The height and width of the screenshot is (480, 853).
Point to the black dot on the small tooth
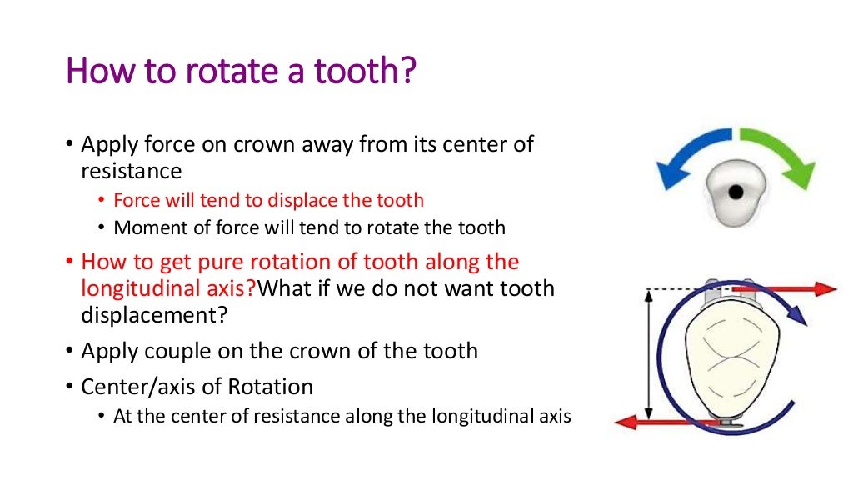pyautogui.click(x=735, y=192)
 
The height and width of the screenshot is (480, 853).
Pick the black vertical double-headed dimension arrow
pyautogui.click(x=648, y=353)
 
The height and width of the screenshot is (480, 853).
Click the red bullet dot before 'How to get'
pyautogui.click(x=70, y=262)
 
